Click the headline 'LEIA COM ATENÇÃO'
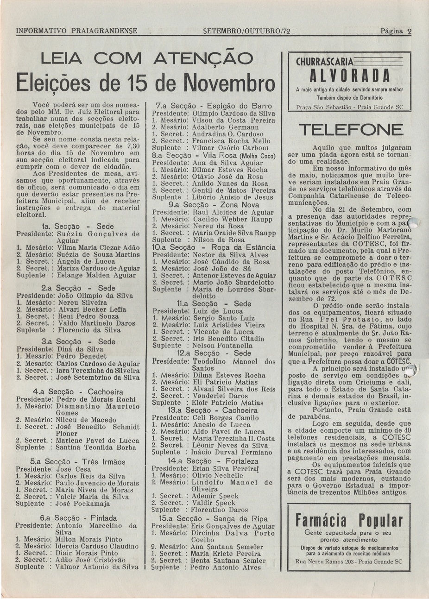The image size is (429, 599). click(147, 59)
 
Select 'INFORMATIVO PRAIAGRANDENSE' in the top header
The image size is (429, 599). click(76, 32)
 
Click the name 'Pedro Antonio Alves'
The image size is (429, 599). click(224, 567)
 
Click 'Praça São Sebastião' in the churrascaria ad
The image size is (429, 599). click(322, 107)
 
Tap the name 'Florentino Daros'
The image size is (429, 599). click(220, 510)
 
